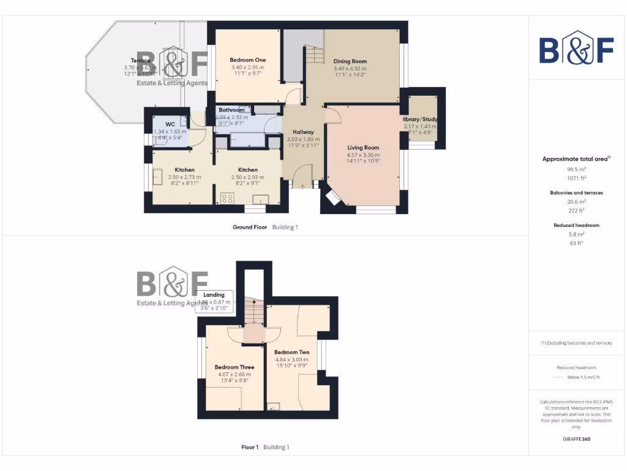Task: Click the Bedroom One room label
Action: click(x=247, y=60)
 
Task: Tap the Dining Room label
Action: click(x=350, y=61)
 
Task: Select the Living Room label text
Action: click(x=363, y=148)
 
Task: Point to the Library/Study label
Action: click(x=420, y=119)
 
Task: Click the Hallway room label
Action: click(x=303, y=132)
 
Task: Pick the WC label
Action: click(x=170, y=124)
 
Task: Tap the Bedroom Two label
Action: click(x=291, y=353)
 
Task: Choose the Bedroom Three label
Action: click(x=235, y=367)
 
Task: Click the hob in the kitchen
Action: click(x=228, y=198)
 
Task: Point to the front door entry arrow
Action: click(x=303, y=184)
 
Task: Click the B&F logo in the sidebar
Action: click(x=576, y=48)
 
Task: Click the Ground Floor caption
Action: click(x=250, y=227)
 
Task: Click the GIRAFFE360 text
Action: click(x=576, y=439)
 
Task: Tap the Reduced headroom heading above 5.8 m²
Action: click(x=576, y=226)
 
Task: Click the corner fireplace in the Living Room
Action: click(x=334, y=197)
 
